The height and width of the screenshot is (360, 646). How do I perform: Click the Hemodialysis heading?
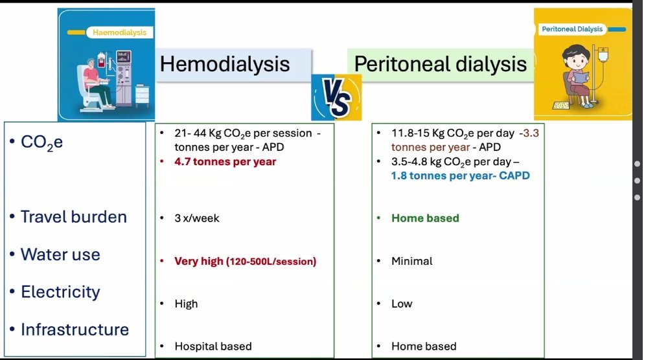pyautogui.click(x=225, y=64)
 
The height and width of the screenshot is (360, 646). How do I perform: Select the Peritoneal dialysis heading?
pyautogui.click(x=441, y=64)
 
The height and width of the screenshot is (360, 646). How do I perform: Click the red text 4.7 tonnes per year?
pyautogui.click(x=225, y=162)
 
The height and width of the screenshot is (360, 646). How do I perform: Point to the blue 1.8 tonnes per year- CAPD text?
pyautogui.click(x=460, y=176)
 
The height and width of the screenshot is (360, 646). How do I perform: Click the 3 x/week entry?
pyautogui.click(x=197, y=218)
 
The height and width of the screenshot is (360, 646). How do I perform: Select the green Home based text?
pyautogui.click(x=425, y=218)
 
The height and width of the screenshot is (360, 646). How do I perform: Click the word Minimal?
pyautogui.click(x=411, y=261)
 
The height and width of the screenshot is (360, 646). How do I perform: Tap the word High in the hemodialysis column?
pyautogui.click(x=186, y=304)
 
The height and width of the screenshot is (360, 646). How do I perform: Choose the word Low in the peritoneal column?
pyautogui.click(x=401, y=304)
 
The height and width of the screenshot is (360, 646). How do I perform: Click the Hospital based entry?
pyautogui.click(x=213, y=346)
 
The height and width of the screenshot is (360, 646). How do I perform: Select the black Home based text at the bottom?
pyautogui.click(x=424, y=346)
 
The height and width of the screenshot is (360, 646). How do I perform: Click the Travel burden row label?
pyautogui.click(x=73, y=217)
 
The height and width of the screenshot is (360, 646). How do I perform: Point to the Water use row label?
pyautogui.click(x=60, y=254)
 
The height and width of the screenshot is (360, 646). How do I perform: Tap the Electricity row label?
pyautogui.click(x=60, y=292)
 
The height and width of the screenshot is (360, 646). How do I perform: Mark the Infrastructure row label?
pyautogui.click(x=75, y=330)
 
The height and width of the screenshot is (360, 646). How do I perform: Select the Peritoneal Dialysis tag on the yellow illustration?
pyautogui.click(x=572, y=29)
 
